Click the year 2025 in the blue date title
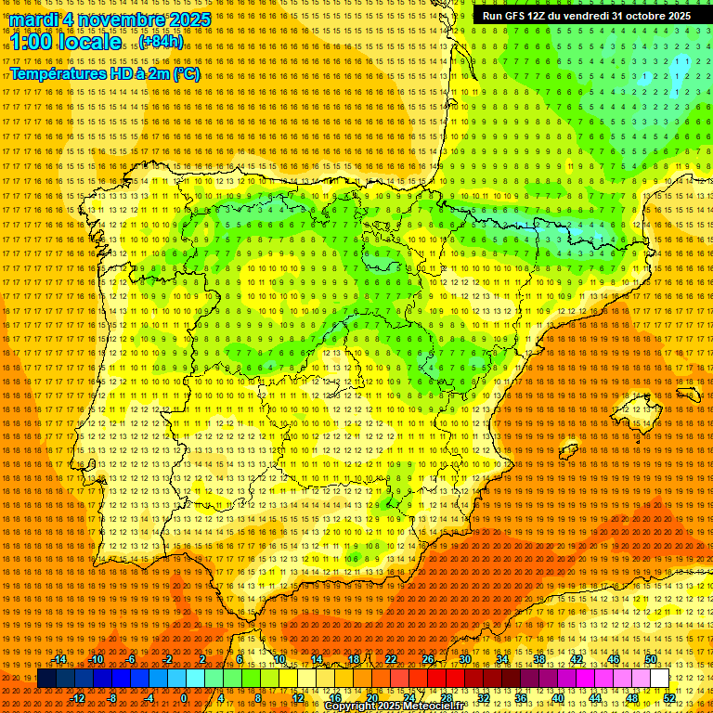coord(186,19)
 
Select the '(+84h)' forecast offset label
coord(161,42)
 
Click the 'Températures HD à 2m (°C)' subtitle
coord(105,74)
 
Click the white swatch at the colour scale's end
coord(659,679)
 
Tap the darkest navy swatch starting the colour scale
coord(46,679)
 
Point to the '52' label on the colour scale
coord(668,698)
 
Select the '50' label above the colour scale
coord(651,660)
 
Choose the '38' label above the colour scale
coord(539,660)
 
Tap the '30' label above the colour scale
coord(465,660)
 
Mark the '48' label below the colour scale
coord(632,698)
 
